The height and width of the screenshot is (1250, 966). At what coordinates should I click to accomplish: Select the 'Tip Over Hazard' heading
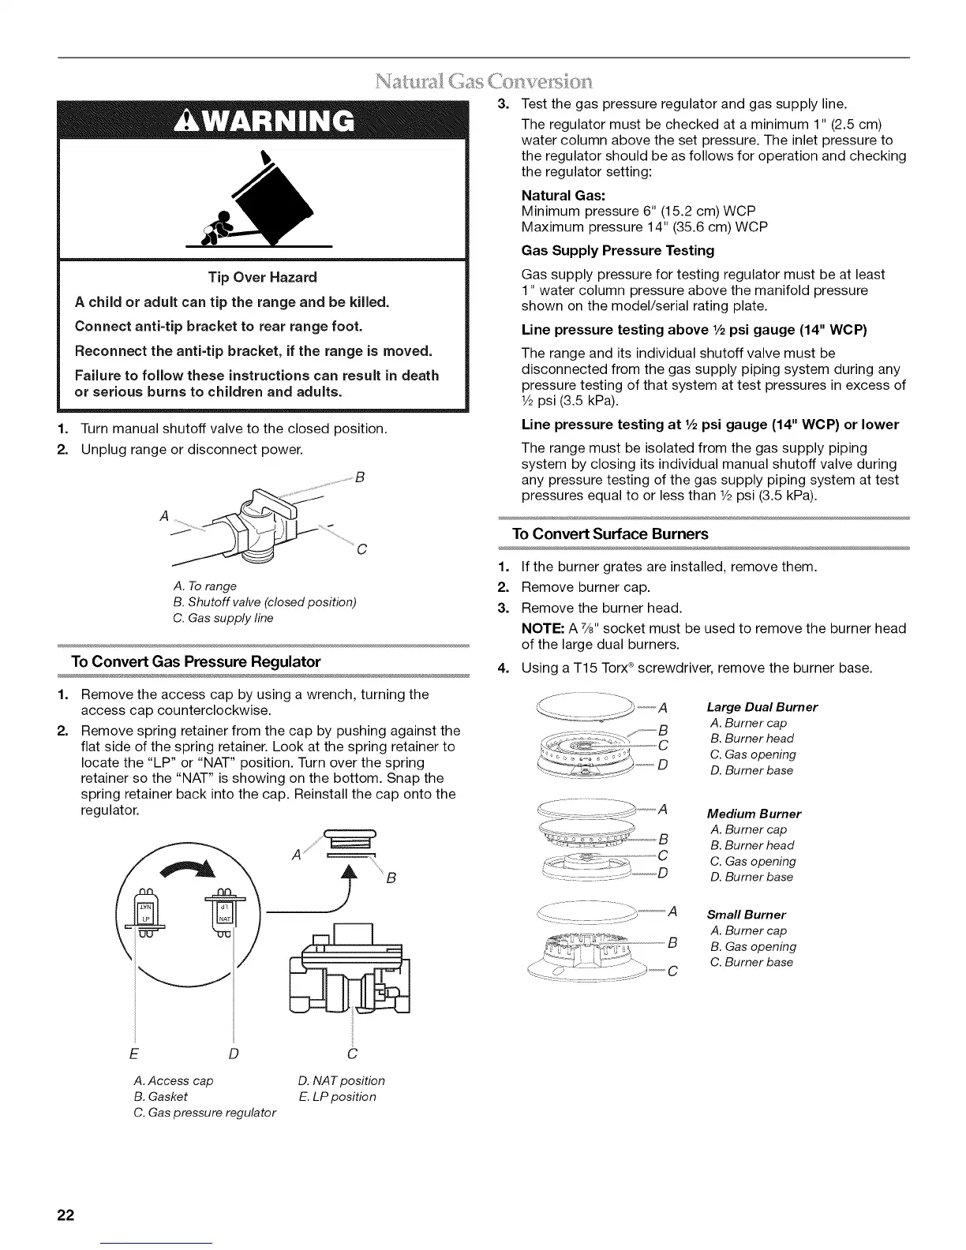point(262,277)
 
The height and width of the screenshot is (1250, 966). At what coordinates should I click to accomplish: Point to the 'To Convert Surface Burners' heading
point(611,534)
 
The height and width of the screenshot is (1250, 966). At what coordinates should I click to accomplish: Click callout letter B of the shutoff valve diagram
point(360,477)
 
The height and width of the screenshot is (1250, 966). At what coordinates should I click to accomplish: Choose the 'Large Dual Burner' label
point(762,707)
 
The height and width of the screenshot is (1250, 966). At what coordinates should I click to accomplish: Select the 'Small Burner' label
point(747,915)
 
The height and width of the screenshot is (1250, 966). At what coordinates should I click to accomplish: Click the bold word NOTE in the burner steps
point(541,628)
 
